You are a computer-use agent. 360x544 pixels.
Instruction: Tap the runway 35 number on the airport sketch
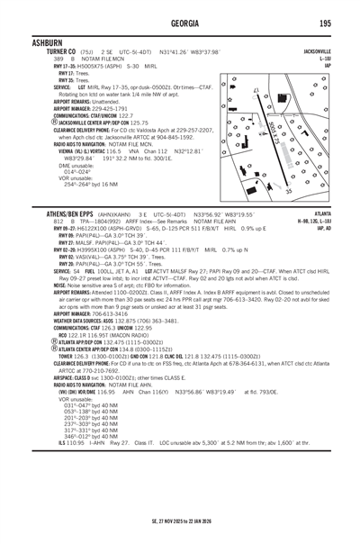(x=288, y=191)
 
